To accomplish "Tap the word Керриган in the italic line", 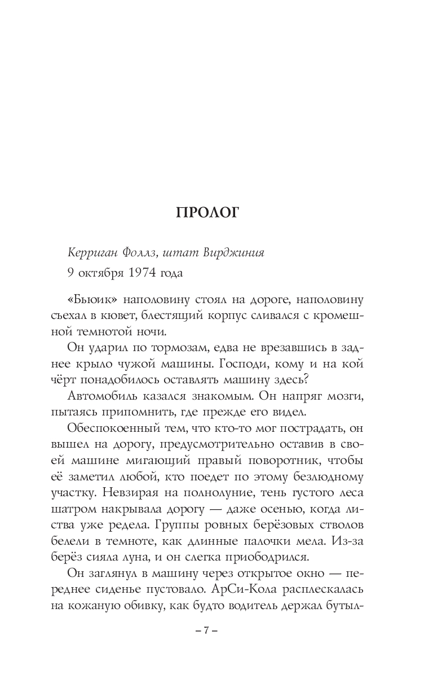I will tap(90, 251).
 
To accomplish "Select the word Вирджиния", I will tap(234, 251).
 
